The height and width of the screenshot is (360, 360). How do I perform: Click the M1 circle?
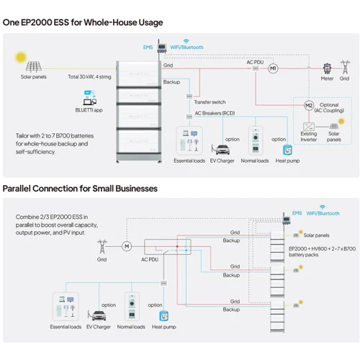pos(273,77)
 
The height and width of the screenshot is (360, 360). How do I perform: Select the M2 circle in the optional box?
pos(308,106)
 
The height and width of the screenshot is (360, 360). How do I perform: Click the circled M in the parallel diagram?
pos(127,247)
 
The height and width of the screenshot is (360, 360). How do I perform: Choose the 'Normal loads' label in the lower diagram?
pos(130,327)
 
